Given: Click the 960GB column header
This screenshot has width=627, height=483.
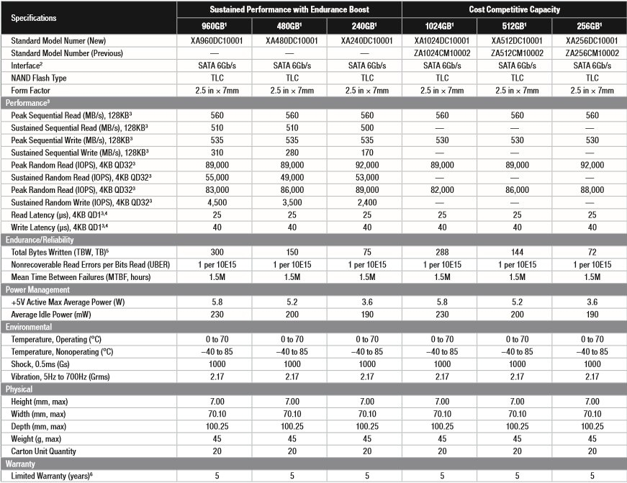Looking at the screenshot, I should pyautogui.click(x=215, y=27).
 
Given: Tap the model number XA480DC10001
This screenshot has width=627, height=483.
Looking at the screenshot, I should pyautogui.click(x=291, y=41).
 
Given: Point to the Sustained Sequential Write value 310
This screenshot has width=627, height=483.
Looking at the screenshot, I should pyautogui.click(x=215, y=153).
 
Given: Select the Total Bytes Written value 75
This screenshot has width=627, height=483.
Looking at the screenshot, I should pyautogui.click(x=366, y=252).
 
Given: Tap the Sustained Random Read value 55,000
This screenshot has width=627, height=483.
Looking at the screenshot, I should pyautogui.click(x=215, y=177).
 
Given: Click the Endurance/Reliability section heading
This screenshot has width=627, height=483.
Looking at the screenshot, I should pyautogui.click(x=40, y=240).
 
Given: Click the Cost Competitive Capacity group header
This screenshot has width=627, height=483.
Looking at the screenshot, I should pyautogui.click(x=514, y=9).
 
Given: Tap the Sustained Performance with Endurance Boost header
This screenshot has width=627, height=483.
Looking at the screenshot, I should pyautogui.click(x=290, y=9).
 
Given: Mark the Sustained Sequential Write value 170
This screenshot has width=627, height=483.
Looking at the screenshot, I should pyautogui.click(x=366, y=153).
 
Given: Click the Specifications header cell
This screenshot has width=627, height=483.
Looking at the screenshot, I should pyautogui.click(x=34, y=17).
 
